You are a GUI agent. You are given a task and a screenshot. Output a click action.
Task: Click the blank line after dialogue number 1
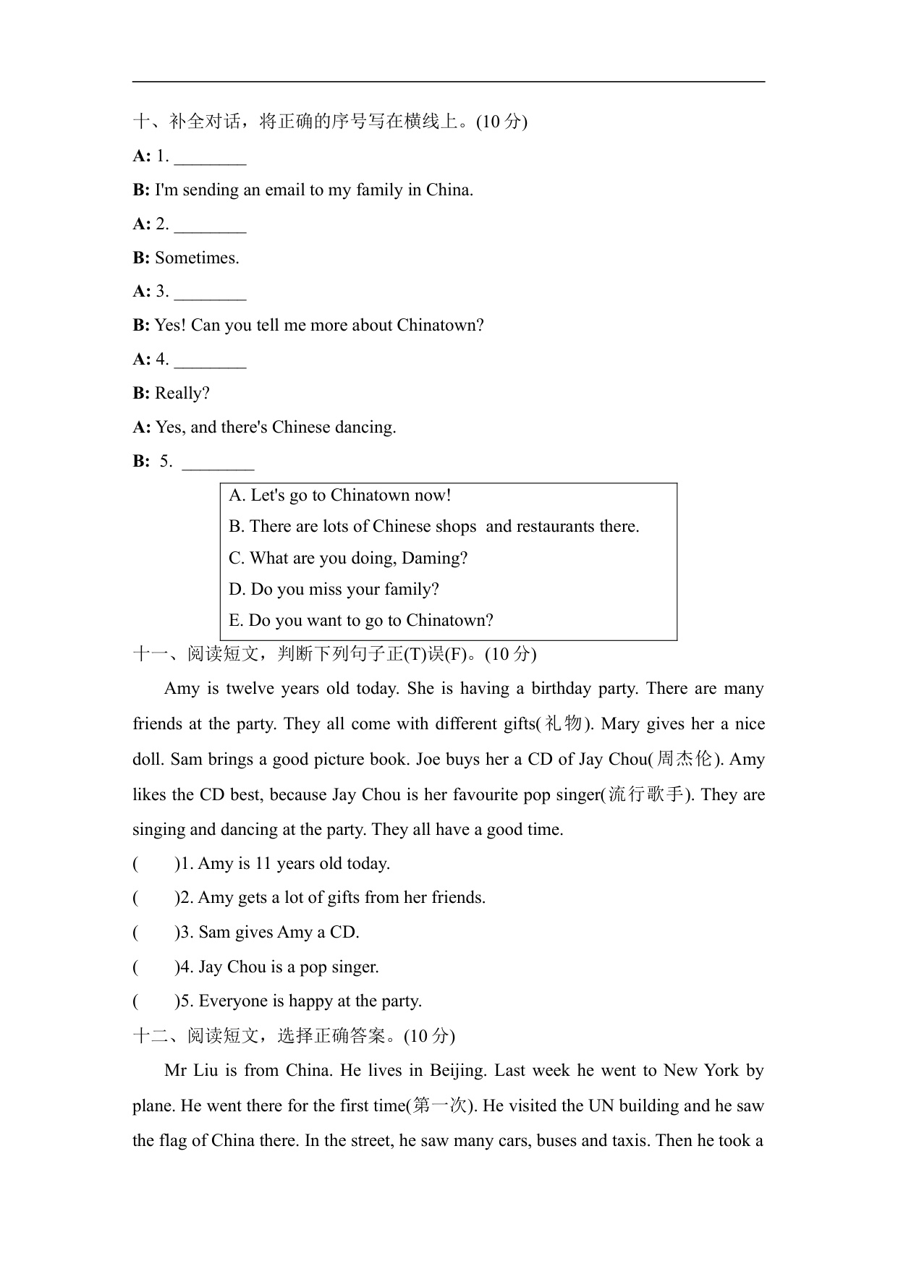tap(210, 157)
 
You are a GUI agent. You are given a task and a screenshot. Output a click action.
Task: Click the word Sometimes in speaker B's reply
tap(196, 258)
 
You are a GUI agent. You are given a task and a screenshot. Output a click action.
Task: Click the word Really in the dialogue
tap(182, 394)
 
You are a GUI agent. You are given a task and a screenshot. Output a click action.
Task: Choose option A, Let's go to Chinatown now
tap(340, 496)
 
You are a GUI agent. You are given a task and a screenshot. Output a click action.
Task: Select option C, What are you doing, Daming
tap(348, 559)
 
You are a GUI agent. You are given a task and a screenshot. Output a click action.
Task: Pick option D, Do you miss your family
tap(334, 590)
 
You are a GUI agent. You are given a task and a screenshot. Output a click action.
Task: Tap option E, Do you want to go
tap(360, 621)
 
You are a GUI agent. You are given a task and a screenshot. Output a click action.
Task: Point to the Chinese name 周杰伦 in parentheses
tap(684, 759)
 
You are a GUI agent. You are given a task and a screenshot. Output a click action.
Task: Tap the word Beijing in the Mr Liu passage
tap(457, 1071)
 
